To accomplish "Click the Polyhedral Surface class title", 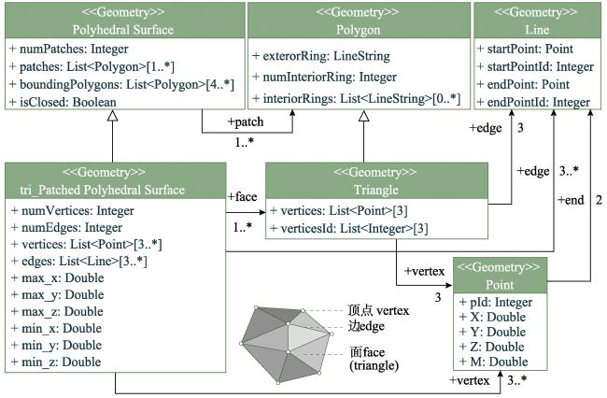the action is pyautogui.click(x=122, y=30).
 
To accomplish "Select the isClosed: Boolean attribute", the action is pyautogui.click(x=63, y=102).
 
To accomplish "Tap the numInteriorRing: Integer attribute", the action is pyautogui.click(x=324, y=77).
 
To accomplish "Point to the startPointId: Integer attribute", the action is pyautogui.click(x=535, y=66).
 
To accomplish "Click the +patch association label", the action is pyautogui.click(x=246, y=122).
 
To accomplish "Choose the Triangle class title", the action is pyautogui.click(x=376, y=190).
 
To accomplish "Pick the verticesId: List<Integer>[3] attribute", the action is pyautogui.click(x=349, y=228).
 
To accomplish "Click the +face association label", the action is pyautogui.click(x=243, y=197).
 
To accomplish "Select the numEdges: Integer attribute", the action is pyautogui.click(x=67, y=228).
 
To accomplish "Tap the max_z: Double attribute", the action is pyautogui.click(x=58, y=312).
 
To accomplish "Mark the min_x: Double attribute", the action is pyautogui.click(x=57, y=328).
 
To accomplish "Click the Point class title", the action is pyautogui.click(x=500, y=285).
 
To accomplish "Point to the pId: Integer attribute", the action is pyautogui.click(x=496, y=302).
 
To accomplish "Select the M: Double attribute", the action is pyautogui.click(x=494, y=362).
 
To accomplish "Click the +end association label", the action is pyautogui.click(x=571, y=200).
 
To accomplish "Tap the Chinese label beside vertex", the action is pyautogui.click(x=360, y=310).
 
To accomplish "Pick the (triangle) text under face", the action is pyautogui.click(x=374, y=366).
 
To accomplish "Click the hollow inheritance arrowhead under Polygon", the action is pyautogui.click(x=363, y=116).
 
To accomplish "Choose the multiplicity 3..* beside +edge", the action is pyautogui.click(x=569, y=171).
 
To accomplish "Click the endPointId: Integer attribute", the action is pyautogui.click(x=533, y=102).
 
